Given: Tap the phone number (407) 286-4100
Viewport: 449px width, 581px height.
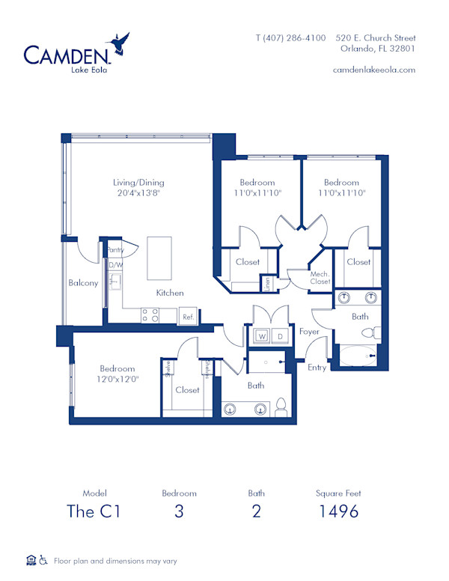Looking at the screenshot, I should [x=290, y=37].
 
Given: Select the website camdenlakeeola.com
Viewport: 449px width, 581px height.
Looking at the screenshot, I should [x=373, y=69].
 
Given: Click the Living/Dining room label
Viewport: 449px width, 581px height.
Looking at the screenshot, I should [x=138, y=182].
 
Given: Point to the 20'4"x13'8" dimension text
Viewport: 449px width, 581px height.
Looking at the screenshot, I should [x=138, y=192].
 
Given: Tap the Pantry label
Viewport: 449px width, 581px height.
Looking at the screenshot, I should [x=114, y=250].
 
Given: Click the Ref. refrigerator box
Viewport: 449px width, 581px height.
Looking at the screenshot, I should [x=188, y=317].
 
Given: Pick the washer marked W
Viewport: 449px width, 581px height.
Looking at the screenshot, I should [x=262, y=336].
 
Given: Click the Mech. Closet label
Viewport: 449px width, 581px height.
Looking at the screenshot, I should [x=320, y=278].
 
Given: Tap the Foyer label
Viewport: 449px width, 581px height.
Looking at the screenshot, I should [x=309, y=331].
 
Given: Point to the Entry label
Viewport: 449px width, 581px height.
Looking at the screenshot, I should [x=317, y=368].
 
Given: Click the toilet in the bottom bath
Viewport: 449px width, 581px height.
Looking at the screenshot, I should [x=282, y=408].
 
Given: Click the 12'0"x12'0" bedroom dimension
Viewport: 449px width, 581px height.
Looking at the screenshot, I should [x=117, y=379].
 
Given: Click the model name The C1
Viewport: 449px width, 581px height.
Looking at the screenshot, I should [x=95, y=511].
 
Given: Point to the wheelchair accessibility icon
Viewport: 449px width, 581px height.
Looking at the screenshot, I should [x=43, y=560].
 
